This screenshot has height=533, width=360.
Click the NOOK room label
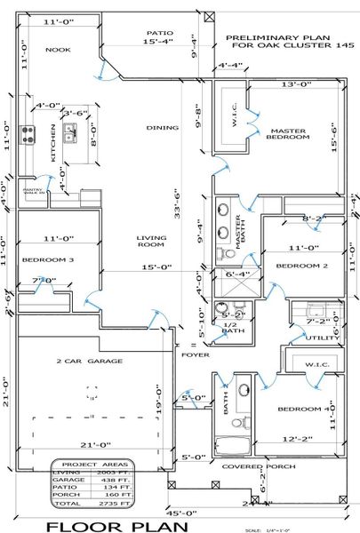[x=58, y=51]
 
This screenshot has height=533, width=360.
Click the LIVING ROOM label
[x=151, y=243]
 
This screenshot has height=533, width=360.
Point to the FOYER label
[x=196, y=354]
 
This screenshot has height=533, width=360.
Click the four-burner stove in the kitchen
[x=28, y=135]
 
